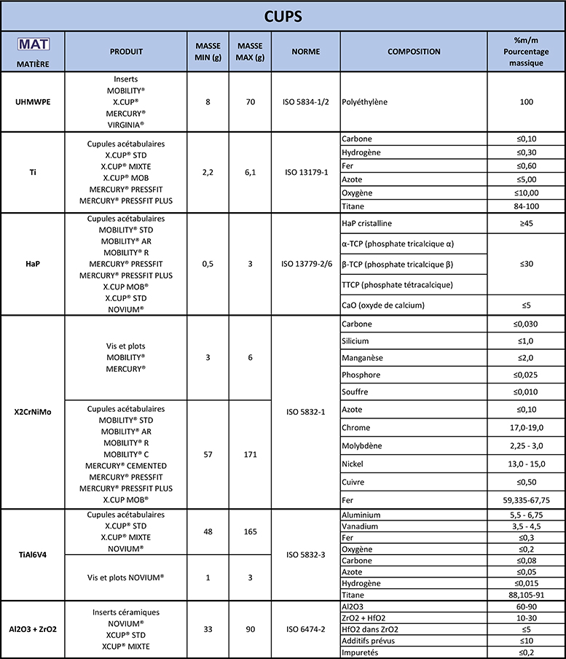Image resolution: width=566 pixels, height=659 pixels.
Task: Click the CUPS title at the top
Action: click(x=283, y=15)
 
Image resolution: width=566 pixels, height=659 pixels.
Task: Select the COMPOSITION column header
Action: click(x=414, y=52)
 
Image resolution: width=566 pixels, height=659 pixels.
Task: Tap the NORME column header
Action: click(x=306, y=52)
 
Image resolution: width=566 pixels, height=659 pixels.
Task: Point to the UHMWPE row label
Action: click(x=33, y=103)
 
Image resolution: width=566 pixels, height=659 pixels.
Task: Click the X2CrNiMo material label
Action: click(x=33, y=411)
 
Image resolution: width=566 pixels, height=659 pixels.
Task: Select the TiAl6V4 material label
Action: click(x=33, y=554)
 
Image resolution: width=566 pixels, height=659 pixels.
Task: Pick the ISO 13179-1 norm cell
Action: click(x=306, y=172)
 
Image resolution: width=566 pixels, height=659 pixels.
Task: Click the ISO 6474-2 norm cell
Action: click(x=306, y=629)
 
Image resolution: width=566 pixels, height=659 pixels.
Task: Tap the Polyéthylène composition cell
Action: click(x=366, y=103)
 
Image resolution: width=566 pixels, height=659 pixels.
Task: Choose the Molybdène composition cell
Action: click(x=361, y=445)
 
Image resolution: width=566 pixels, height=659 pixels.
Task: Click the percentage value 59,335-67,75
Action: click(x=526, y=500)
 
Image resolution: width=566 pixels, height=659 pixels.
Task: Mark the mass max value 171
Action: click(x=250, y=453)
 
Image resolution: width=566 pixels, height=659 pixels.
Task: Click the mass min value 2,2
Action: click(x=208, y=172)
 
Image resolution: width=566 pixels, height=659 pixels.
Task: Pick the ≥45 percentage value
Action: click(x=526, y=224)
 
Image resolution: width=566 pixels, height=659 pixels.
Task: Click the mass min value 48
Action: click(x=208, y=531)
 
